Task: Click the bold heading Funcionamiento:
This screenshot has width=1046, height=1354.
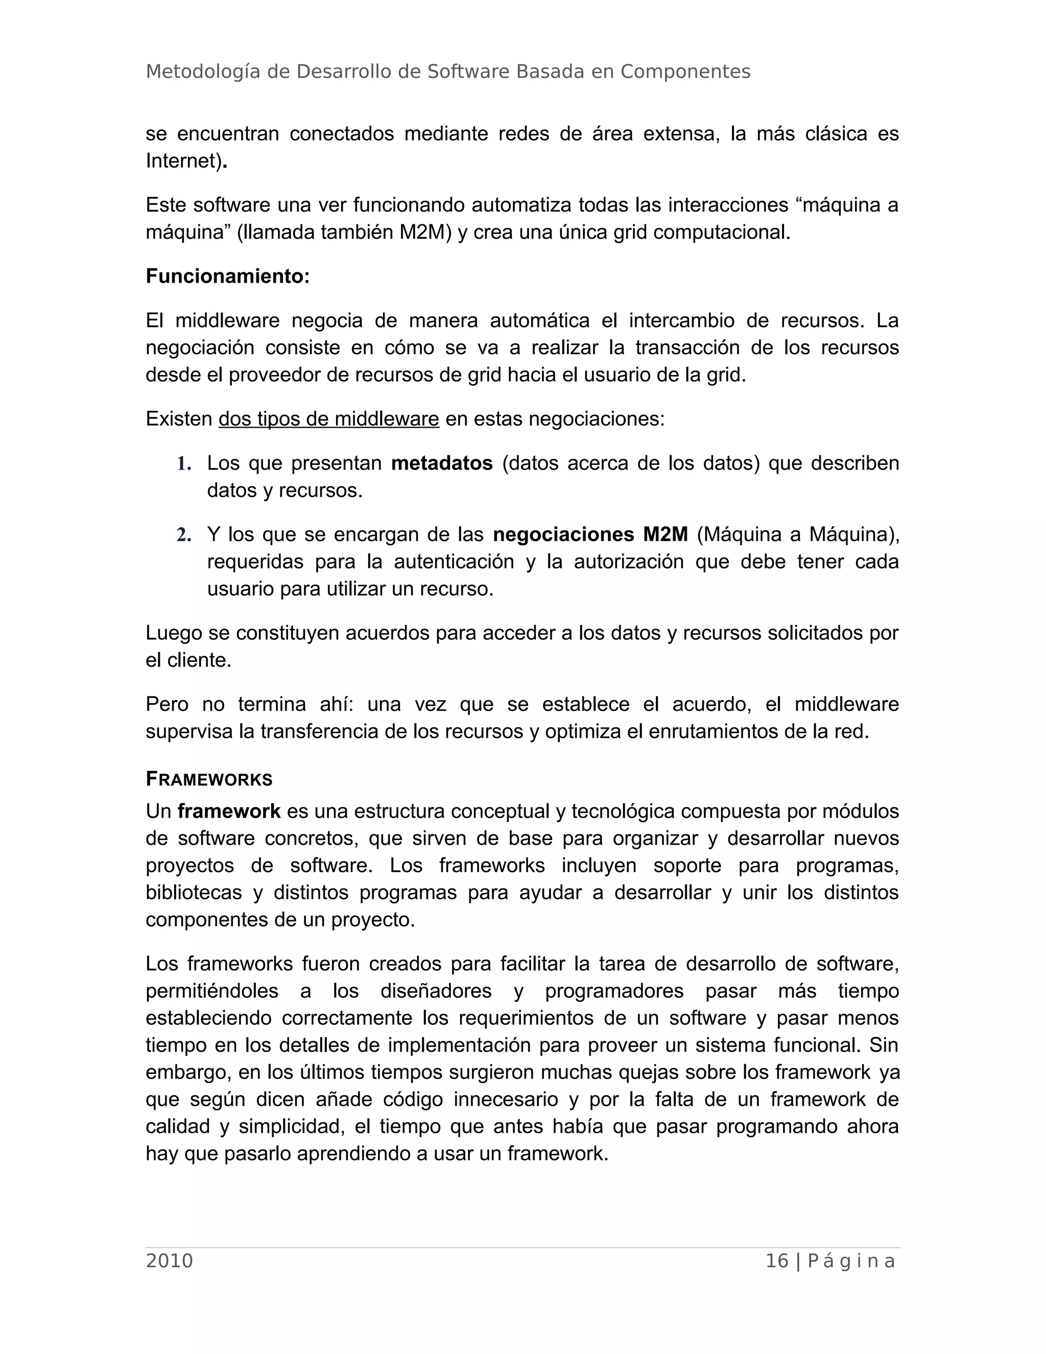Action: click(x=227, y=276)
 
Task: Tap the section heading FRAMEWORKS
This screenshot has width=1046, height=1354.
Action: click(x=209, y=779)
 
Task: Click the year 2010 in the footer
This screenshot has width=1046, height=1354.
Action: click(x=169, y=1261)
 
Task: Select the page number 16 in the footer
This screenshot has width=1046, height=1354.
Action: click(x=776, y=1261)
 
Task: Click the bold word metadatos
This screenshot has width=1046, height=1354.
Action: click(x=441, y=463)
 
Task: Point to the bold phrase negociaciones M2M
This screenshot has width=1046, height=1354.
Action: click(x=590, y=534)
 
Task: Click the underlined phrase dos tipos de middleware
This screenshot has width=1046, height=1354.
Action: click(x=328, y=419)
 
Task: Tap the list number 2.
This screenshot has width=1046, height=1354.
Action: click(x=183, y=535)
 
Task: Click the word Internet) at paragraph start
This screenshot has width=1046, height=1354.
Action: click(x=184, y=161)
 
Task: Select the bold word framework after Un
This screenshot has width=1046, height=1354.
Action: click(x=229, y=811)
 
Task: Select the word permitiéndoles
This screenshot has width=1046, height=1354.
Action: click(x=211, y=991)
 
